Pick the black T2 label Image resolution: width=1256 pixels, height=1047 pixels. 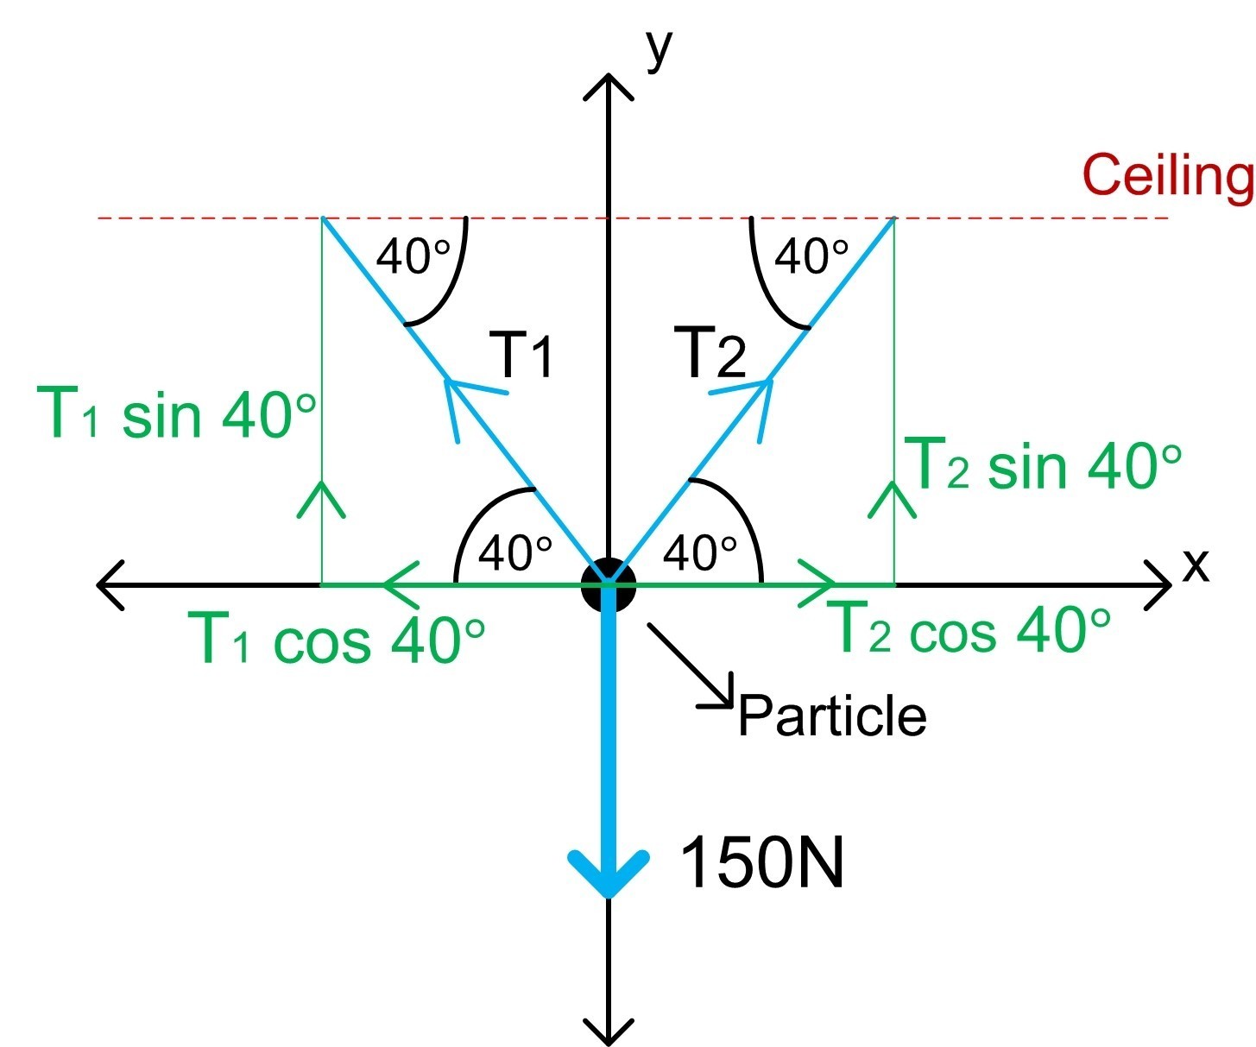point(710,353)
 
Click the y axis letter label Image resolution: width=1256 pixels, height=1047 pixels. point(658,49)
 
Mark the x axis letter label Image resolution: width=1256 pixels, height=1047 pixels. point(1195,565)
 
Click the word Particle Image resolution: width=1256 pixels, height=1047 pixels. point(832,716)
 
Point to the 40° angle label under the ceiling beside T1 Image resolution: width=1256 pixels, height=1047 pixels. point(413,256)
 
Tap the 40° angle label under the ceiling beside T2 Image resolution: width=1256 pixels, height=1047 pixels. point(811,256)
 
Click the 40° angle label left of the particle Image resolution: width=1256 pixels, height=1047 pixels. point(514,552)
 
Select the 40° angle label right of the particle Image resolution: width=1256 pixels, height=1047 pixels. point(699,552)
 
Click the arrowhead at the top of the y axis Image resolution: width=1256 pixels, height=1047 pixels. point(609,86)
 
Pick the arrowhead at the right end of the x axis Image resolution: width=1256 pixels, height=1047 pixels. point(1161,584)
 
